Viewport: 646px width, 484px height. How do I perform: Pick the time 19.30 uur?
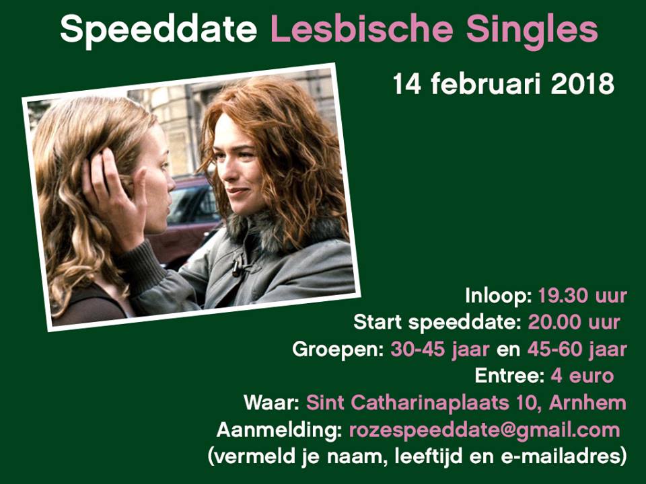[x=583, y=296]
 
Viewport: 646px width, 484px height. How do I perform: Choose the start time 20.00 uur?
[x=574, y=322]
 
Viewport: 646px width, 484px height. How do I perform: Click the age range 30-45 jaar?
[x=439, y=350]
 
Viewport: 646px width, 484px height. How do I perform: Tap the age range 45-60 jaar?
[x=577, y=350]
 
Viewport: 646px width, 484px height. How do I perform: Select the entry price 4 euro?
[x=582, y=376]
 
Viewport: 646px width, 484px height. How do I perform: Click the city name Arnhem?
[x=587, y=403]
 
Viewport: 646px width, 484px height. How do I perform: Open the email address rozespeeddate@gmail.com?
[x=485, y=430]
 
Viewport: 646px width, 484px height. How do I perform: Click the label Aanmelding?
[x=279, y=430]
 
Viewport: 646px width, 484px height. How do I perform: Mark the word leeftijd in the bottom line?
[x=429, y=457]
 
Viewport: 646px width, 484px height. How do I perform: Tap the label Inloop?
[x=499, y=296]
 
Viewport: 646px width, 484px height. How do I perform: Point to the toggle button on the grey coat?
[x=238, y=266]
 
